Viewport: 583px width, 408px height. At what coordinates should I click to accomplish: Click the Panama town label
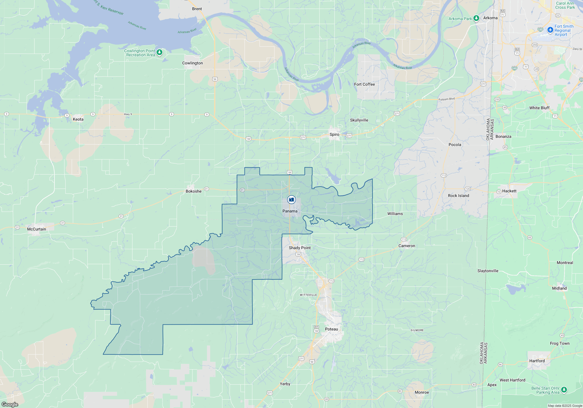click(290, 211)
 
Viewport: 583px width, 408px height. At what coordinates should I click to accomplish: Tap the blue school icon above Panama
click(291, 200)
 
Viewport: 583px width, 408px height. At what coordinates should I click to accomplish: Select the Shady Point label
click(300, 248)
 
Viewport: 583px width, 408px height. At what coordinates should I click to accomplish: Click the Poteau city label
click(331, 329)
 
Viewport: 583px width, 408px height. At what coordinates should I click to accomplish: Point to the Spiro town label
click(334, 134)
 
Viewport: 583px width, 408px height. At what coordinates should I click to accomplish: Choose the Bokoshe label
click(194, 191)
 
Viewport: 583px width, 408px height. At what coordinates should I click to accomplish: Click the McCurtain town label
click(36, 229)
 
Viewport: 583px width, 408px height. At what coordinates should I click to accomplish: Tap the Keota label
click(78, 119)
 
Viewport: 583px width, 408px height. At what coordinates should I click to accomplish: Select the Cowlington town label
click(192, 63)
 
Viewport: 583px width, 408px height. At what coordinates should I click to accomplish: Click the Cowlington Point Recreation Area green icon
click(159, 52)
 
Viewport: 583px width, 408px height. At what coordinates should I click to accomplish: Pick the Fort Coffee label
click(364, 84)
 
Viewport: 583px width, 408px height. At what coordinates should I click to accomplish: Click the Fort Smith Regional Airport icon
click(550, 30)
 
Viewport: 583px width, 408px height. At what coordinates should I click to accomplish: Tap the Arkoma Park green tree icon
click(476, 18)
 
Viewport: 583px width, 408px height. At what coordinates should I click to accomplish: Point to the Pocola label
click(455, 145)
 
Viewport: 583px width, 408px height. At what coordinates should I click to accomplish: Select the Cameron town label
click(407, 246)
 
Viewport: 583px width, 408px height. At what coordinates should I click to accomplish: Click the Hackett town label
click(509, 191)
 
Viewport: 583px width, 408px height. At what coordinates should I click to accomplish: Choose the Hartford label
click(537, 361)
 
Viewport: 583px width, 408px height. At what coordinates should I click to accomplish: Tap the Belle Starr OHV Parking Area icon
click(564, 390)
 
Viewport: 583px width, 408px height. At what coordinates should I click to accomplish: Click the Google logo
click(10, 405)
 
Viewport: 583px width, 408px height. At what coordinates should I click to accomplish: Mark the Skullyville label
click(359, 120)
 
